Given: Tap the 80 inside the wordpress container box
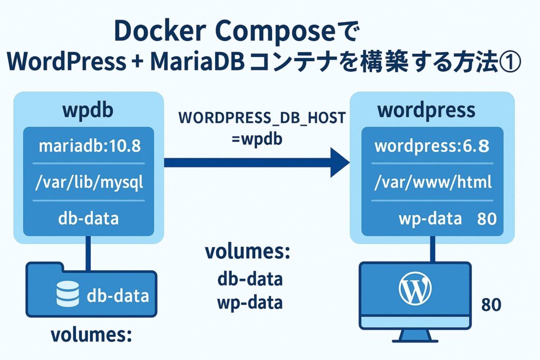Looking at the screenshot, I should (x=486, y=219).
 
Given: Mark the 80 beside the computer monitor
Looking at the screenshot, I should (x=491, y=305).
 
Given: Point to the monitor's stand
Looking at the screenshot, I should (x=414, y=333).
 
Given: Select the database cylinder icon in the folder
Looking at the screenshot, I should (x=67, y=294).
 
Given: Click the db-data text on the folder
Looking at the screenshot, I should (x=118, y=295).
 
